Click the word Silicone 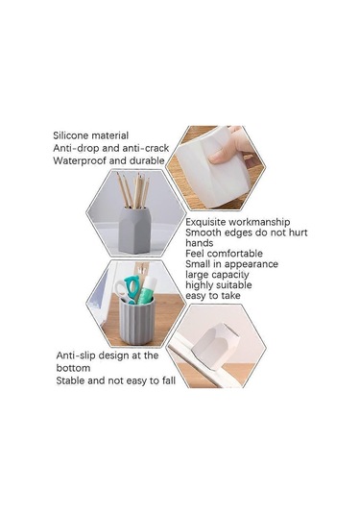(x=70, y=135)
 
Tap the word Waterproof (x=80, y=160)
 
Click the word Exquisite (x=205, y=222)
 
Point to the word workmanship (x=259, y=222)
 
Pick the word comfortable (x=235, y=254)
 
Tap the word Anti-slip (x=76, y=355)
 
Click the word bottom (x=73, y=368)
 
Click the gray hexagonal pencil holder (x=135, y=231)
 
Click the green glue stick (x=146, y=290)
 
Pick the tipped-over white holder (x=215, y=346)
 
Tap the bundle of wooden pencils (x=133, y=190)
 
